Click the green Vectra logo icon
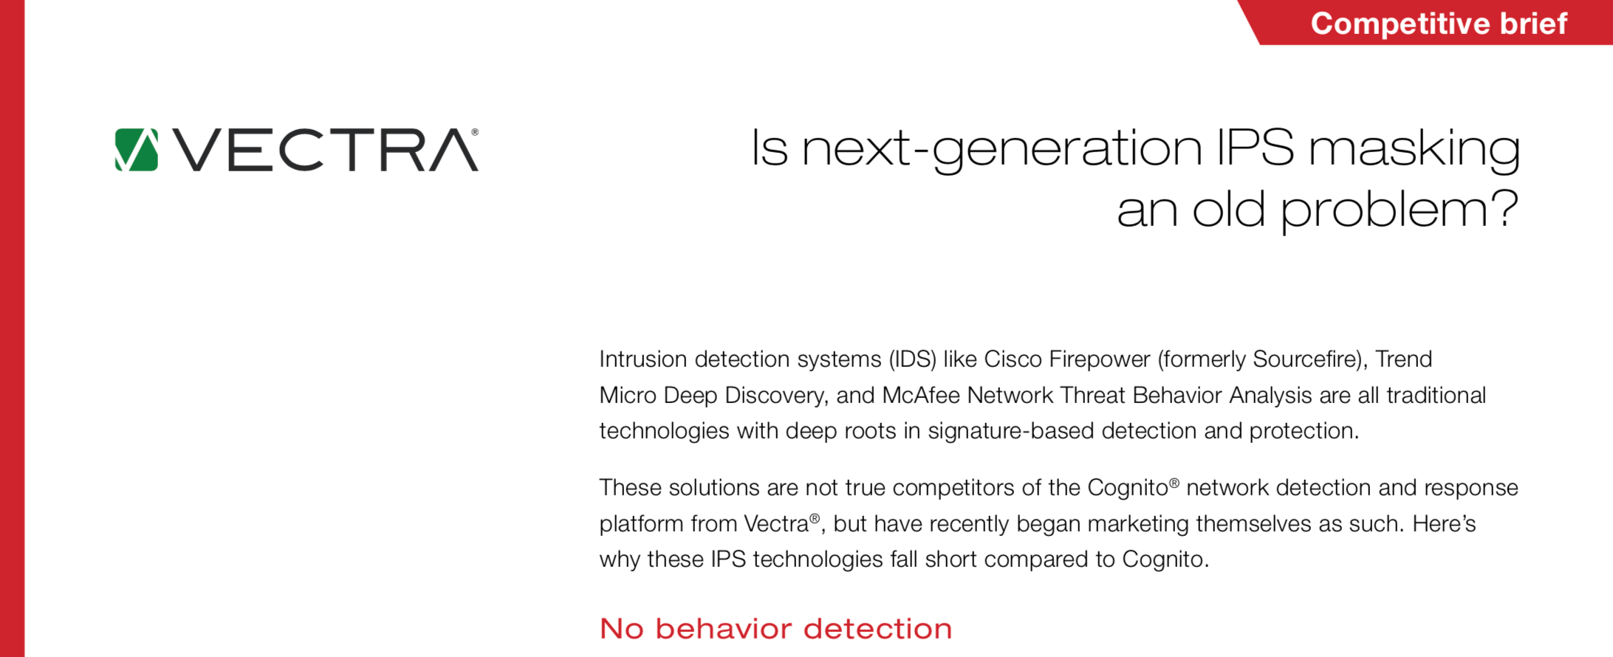[x=137, y=150]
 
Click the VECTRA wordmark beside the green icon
[x=326, y=150]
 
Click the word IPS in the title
[x=1255, y=147]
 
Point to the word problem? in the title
[x=1399, y=211]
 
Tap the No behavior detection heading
[x=775, y=629]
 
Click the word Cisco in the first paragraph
[x=1013, y=360]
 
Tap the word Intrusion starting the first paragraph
[x=643, y=360]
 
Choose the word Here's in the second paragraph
[x=1444, y=524]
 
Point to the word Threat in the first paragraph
[x=1093, y=396]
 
